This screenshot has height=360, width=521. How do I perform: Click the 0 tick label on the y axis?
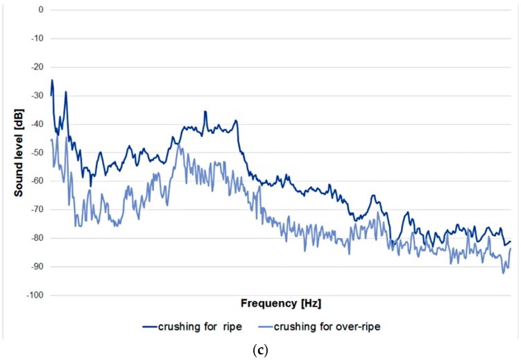tap(41, 10)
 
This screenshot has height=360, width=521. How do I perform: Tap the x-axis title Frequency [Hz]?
tap(280, 304)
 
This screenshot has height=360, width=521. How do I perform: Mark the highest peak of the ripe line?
tap(51, 80)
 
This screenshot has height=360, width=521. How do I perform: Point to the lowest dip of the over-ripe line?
tap(504, 273)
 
